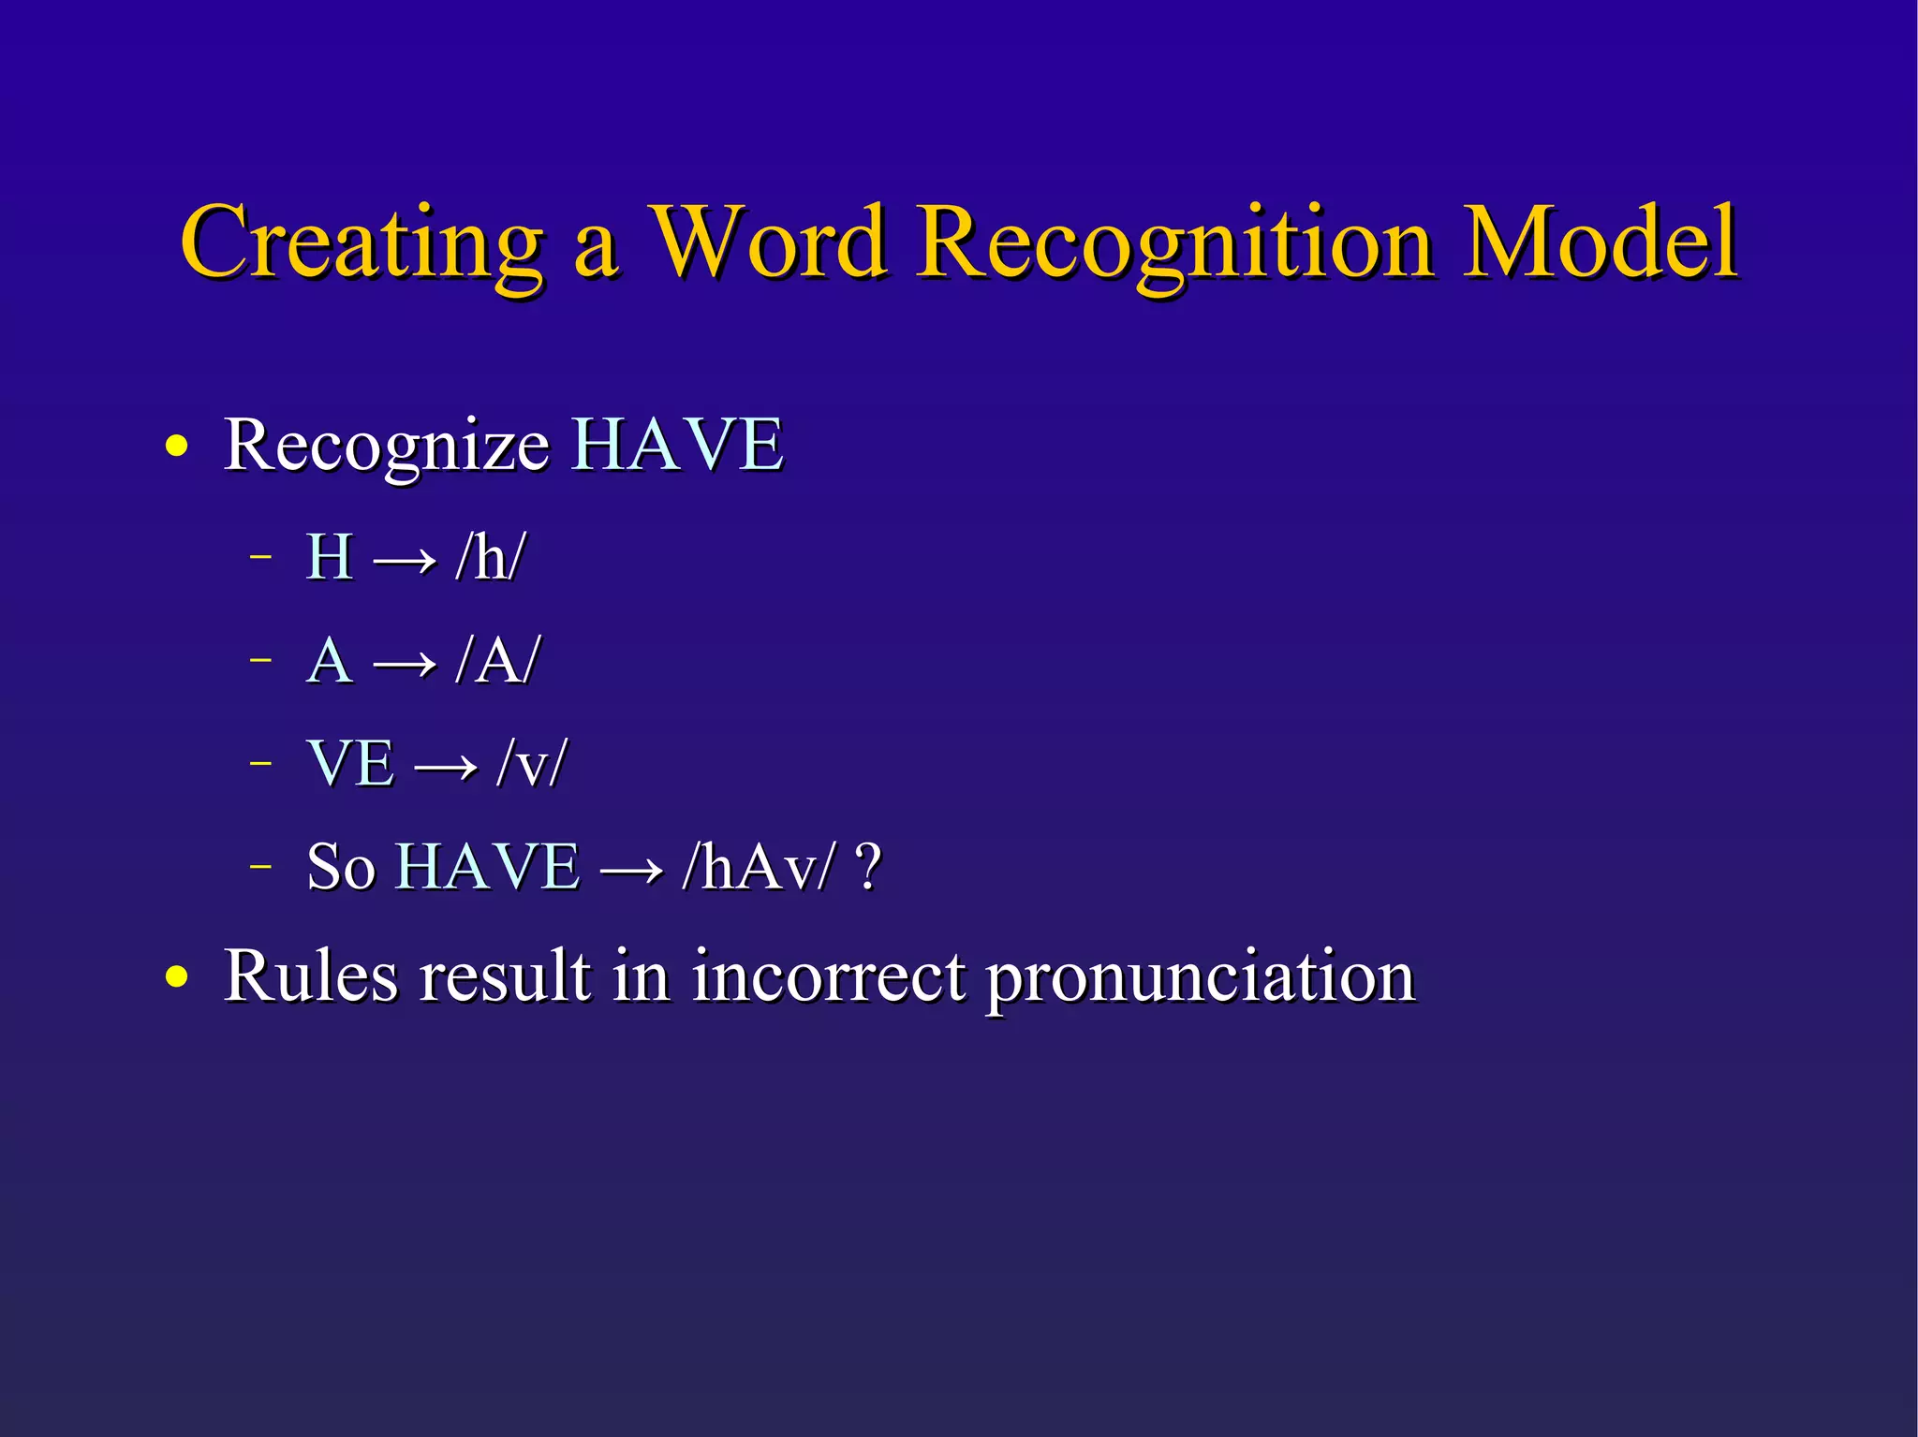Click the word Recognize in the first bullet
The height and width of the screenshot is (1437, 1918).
(386, 447)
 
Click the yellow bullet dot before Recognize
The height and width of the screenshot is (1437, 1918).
(176, 447)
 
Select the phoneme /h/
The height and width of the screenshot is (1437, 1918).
(490, 558)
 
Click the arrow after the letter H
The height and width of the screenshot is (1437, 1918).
(405, 561)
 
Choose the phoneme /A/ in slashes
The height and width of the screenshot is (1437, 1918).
(497, 661)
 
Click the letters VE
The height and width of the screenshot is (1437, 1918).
(350, 763)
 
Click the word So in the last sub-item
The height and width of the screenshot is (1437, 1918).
(341, 867)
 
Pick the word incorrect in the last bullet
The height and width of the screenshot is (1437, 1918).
(828, 976)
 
